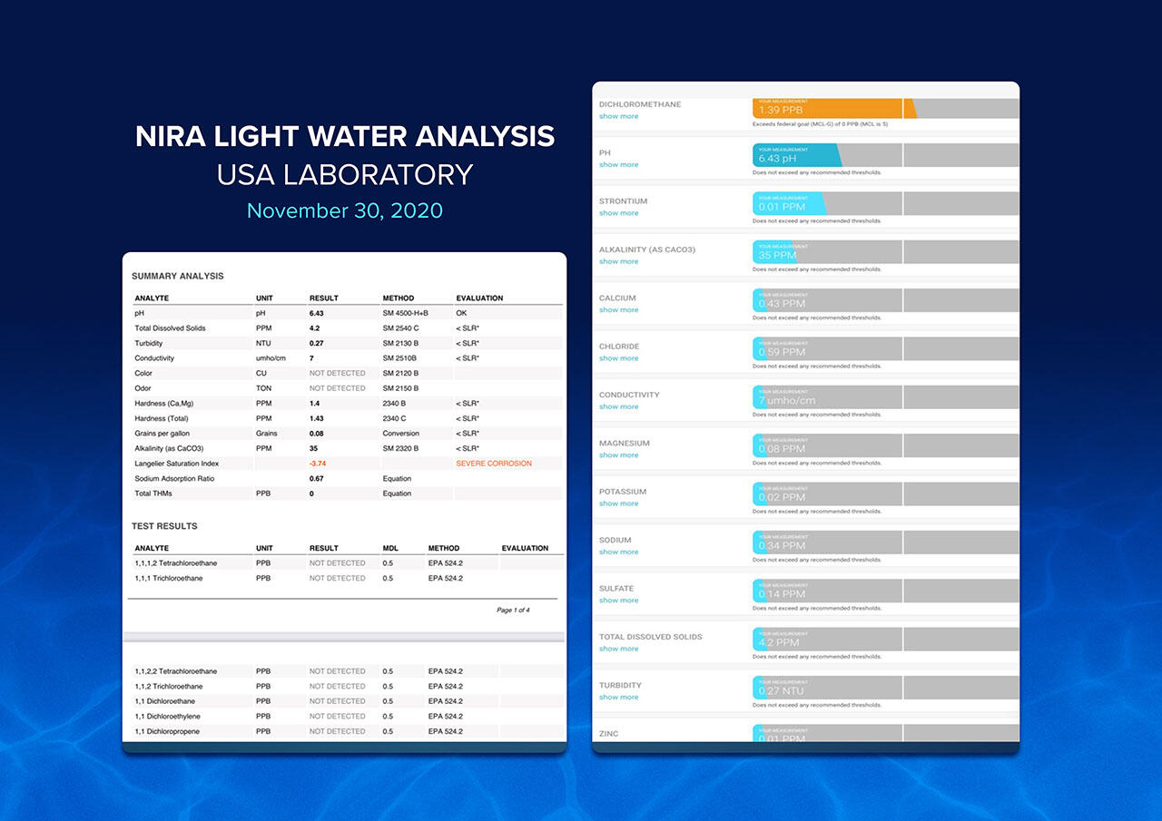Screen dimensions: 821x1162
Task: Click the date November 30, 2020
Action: tap(345, 210)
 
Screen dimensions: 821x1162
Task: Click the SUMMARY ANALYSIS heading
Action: tap(178, 276)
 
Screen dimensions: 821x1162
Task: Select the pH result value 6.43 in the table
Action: tap(316, 313)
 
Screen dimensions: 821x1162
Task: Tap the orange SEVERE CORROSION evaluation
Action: tap(494, 464)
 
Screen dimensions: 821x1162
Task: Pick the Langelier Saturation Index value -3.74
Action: tap(318, 464)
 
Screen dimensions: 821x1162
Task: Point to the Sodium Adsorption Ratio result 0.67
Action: tap(316, 478)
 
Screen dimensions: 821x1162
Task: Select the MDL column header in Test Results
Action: tap(390, 548)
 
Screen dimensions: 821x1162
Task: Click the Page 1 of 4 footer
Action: tap(513, 610)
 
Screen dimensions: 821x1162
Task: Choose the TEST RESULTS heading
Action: tap(164, 526)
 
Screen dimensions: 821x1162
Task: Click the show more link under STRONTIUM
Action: tap(618, 213)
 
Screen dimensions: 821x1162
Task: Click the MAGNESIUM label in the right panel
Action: tap(624, 444)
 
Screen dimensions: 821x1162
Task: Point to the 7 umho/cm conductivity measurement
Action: tap(787, 400)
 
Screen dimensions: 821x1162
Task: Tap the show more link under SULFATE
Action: tap(618, 601)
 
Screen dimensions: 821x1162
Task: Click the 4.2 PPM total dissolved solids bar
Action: tap(779, 641)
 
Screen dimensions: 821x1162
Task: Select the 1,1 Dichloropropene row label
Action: tap(167, 731)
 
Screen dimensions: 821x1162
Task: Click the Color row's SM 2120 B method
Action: tap(400, 373)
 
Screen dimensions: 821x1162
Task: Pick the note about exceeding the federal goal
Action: tap(820, 123)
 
